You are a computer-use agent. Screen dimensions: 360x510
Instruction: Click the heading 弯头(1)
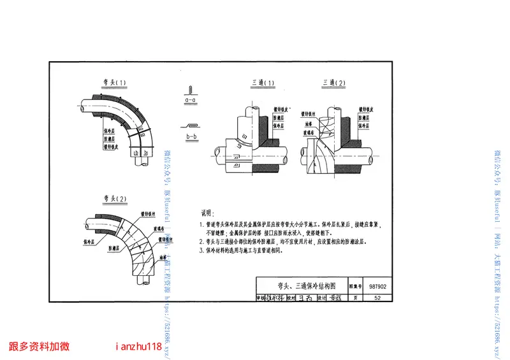[x=113, y=83]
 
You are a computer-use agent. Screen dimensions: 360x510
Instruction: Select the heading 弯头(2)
[x=113, y=198]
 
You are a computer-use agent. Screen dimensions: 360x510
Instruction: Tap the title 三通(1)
[x=262, y=83]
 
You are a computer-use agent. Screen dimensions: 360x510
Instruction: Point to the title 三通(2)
[x=333, y=83]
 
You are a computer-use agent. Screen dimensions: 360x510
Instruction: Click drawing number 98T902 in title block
[x=379, y=286]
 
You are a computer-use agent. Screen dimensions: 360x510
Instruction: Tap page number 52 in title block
[x=378, y=298]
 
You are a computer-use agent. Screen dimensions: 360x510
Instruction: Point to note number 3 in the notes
[x=201, y=251]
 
